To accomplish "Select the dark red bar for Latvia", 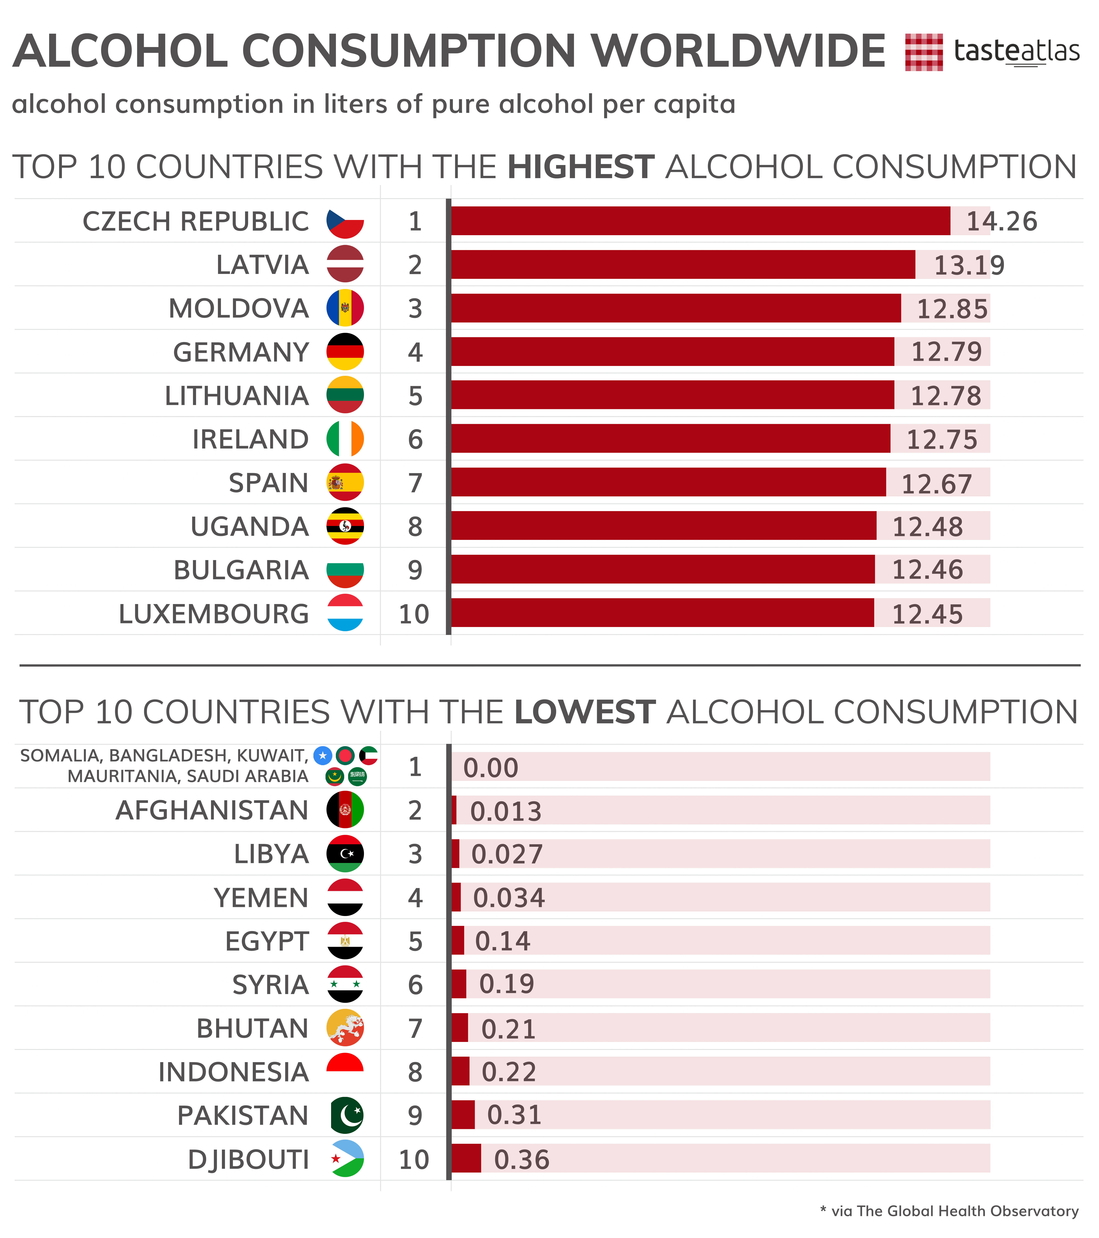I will (x=683, y=265).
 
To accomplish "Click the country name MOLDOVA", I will (x=239, y=308).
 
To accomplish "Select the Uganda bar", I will (x=664, y=526).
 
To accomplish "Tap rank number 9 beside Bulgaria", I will (x=415, y=570).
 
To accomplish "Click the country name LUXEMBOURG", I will (x=214, y=614).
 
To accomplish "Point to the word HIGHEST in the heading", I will (x=581, y=167).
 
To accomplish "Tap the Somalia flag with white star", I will (x=323, y=755).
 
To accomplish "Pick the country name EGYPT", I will (x=267, y=941).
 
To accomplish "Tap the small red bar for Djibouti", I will (x=466, y=1159).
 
